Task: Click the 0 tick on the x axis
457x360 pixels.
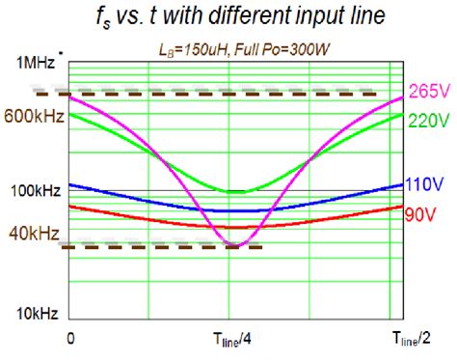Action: point(70,338)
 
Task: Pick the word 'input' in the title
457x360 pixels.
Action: point(301,19)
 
